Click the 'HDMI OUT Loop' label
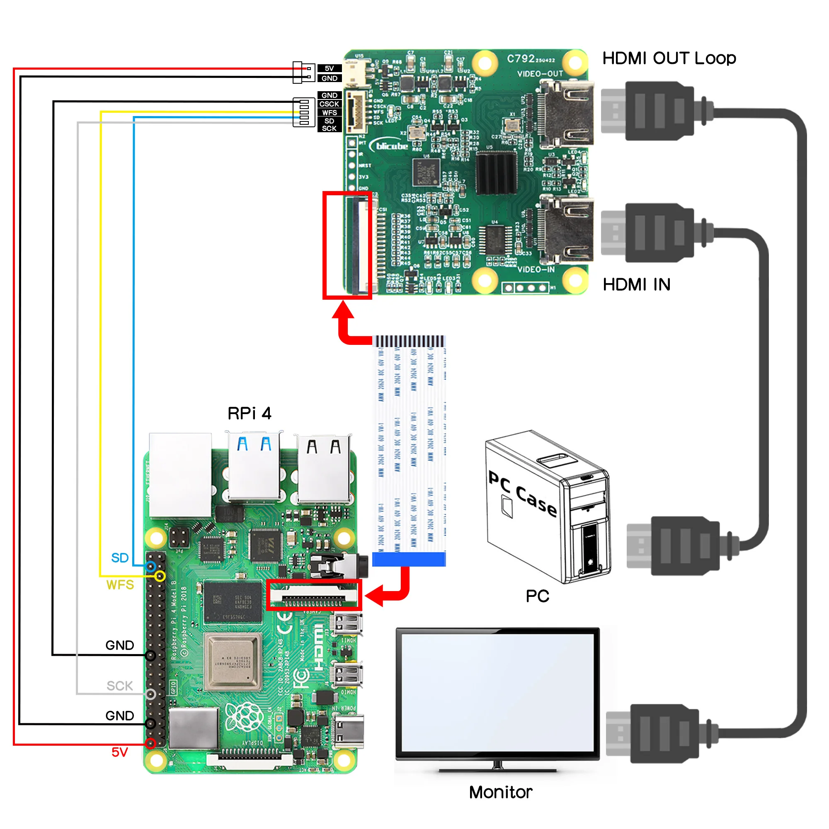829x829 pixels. tap(669, 58)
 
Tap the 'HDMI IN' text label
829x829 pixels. tap(636, 285)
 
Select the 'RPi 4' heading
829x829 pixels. tap(249, 414)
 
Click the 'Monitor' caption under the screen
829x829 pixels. tap(500, 792)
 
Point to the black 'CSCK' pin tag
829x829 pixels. tap(329, 104)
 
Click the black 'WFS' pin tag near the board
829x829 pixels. tap(329, 112)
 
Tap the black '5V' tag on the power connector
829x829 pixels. tap(329, 68)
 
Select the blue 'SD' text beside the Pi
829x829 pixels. tap(120, 558)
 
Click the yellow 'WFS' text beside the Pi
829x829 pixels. tap(120, 585)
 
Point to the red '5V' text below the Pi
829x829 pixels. tap(120, 752)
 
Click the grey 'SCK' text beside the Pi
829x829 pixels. tap(120, 686)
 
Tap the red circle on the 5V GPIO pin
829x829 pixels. tap(150, 744)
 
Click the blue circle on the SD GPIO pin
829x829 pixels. tap(150, 566)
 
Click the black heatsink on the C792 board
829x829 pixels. tap(496, 173)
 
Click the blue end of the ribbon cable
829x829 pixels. tap(409, 559)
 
